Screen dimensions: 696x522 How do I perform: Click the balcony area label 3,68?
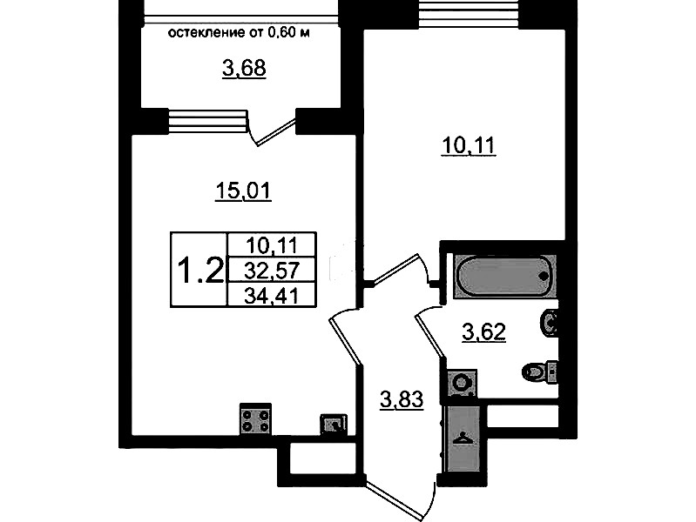pos(244,69)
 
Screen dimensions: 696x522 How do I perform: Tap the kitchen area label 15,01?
pos(243,191)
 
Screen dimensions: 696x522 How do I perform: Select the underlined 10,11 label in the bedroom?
pos(469,145)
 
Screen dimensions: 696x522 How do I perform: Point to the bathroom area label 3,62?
pos(483,331)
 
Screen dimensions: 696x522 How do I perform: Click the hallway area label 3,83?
pos(402,399)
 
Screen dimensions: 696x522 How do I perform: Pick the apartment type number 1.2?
pos(200,271)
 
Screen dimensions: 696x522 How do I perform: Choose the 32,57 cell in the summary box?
pos(272,270)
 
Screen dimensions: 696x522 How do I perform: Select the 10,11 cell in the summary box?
pos(272,244)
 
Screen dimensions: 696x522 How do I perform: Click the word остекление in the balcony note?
pos(206,33)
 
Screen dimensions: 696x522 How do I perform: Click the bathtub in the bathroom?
pos(504,276)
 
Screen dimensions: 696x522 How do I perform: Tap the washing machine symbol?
pos(462,382)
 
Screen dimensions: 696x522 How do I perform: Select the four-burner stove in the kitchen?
pos(256,420)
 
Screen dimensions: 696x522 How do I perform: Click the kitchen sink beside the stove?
pos(334,425)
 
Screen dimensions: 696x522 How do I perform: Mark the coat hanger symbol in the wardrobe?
pos(463,439)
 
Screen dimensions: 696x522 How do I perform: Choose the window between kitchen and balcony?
pos(207,121)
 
